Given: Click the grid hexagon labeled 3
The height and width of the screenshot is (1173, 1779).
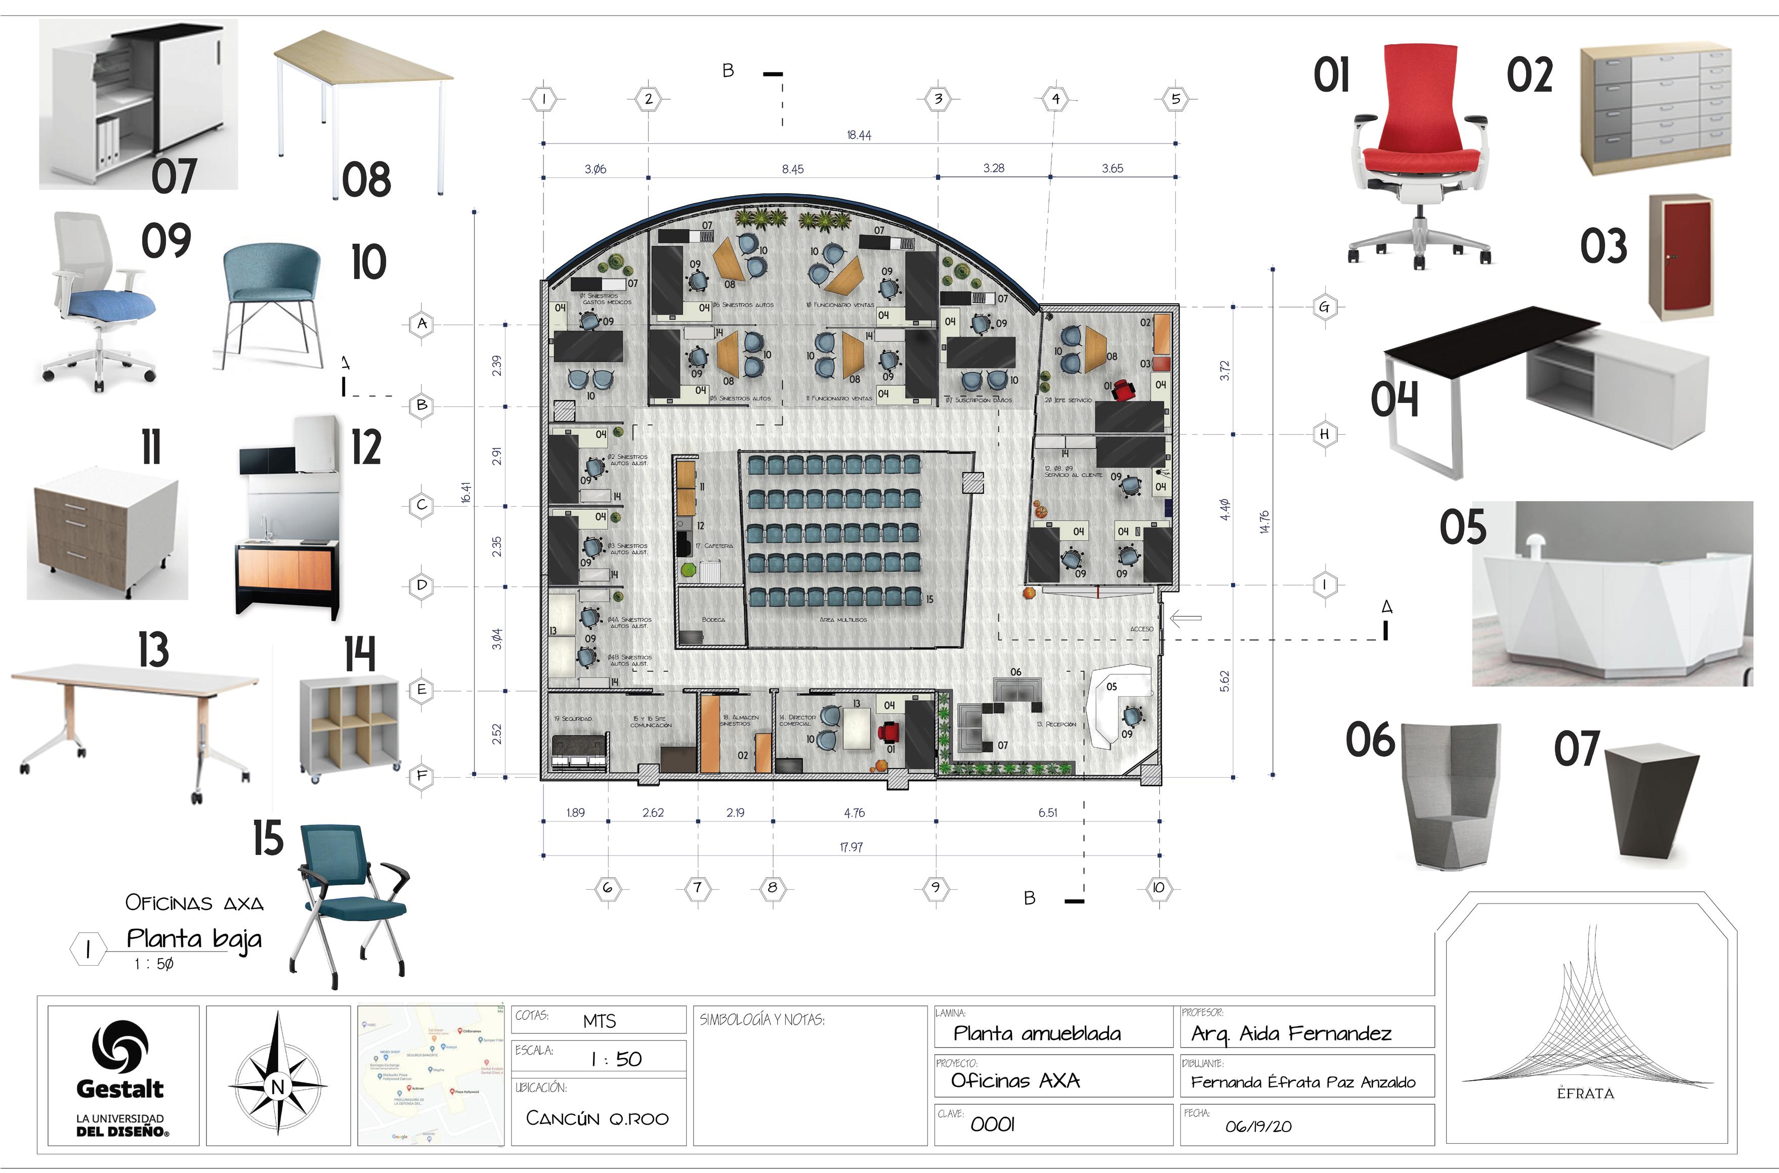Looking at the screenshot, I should [938, 99].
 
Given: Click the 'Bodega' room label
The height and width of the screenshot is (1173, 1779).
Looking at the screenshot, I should [713, 619].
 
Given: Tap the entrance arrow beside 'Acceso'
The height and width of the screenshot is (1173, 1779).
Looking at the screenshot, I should [1185, 618].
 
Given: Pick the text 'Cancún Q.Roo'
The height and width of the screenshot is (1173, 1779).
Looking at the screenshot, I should [597, 1118].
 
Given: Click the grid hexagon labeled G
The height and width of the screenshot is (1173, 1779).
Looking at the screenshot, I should [1325, 307].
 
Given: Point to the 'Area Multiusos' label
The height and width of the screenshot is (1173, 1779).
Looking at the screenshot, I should [843, 619].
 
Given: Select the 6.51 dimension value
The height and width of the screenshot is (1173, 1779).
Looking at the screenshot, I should [1048, 813].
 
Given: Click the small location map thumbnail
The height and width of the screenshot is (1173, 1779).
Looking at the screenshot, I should [431, 1074].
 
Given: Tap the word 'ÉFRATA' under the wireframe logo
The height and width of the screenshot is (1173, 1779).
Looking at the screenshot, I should [1585, 1093].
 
